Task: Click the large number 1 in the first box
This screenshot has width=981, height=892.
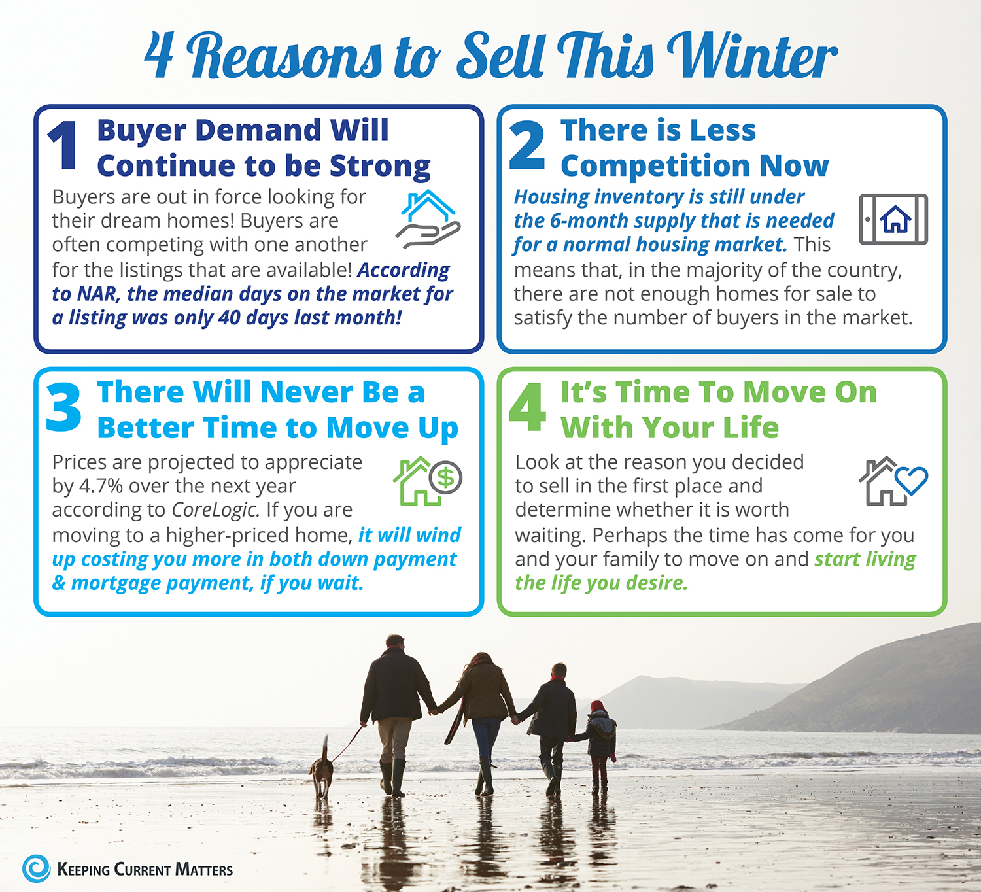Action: (63, 145)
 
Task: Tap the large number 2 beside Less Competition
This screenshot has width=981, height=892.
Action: (527, 145)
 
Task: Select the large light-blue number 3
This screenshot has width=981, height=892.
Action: (64, 407)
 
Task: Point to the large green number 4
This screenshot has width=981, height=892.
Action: (527, 407)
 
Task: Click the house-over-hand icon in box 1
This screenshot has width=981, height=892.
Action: (428, 218)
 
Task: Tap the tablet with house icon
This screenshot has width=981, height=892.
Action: (893, 219)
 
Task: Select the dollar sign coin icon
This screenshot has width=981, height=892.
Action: (445, 477)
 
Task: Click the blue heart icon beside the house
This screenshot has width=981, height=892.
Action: (911, 480)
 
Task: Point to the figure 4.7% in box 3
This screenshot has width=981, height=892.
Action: (101, 486)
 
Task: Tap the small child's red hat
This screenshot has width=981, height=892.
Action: (597, 706)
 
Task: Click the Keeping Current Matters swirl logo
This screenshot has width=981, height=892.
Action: (36, 868)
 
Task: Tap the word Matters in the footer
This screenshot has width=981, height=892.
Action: (204, 870)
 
